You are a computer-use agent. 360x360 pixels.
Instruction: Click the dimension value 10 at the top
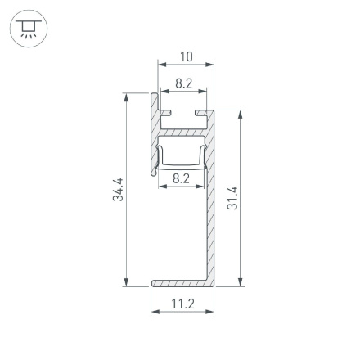[186, 56]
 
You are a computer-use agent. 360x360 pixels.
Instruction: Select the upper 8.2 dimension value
[184, 83]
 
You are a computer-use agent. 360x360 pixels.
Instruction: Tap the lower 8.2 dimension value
[182, 178]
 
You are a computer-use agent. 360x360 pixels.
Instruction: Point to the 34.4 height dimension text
[118, 190]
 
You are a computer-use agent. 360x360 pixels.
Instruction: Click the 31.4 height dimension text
[233, 198]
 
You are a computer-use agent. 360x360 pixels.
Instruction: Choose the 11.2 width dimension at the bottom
[183, 304]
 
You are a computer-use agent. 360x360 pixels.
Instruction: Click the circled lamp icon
[29, 29]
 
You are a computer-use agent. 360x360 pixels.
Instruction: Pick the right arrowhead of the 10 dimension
[210, 63]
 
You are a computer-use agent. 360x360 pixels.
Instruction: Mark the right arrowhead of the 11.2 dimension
[210, 312]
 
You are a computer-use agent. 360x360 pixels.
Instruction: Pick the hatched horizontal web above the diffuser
[184, 131]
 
